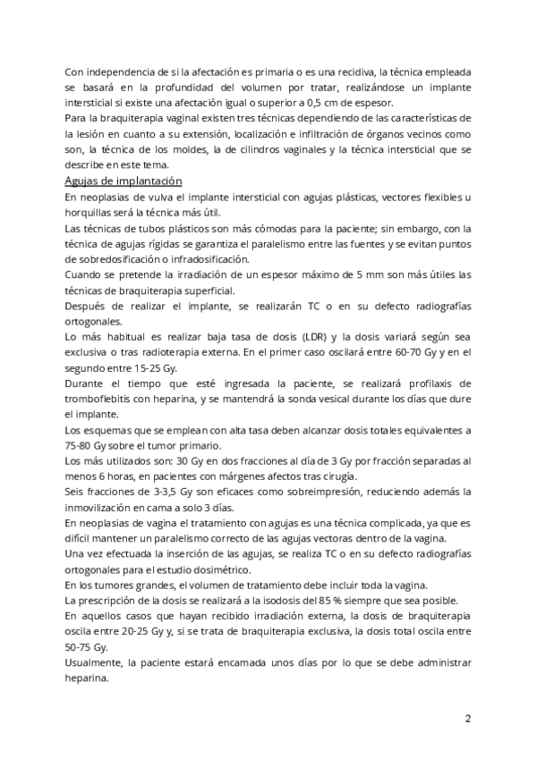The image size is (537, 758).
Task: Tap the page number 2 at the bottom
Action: point(467,719)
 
